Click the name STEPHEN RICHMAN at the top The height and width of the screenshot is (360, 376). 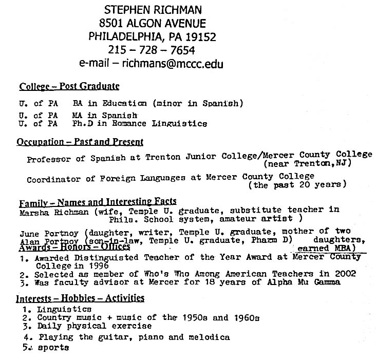pyautogui.click(x=152, y=9)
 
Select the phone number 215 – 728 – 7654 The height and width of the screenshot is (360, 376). pyautogui.click(x=152, y=50)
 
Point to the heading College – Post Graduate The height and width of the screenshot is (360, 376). pyautogui.click(x=69, y=86)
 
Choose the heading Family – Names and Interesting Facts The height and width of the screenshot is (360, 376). pyautogui.click(x=98, y=201)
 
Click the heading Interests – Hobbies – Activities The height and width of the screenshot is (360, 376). pyautogui.click(x=80, y=298)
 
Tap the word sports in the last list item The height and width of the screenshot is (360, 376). pyautogui.click(x=53, y=348)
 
